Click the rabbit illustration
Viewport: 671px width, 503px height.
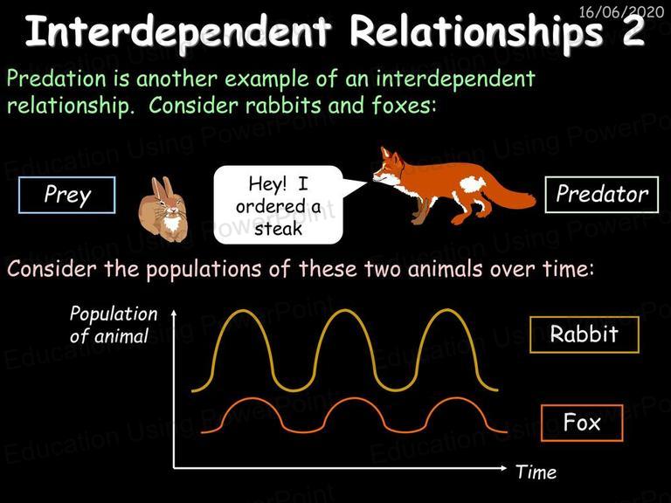[x=163, y=210]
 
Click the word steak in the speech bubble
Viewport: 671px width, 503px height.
[x=278, y=229]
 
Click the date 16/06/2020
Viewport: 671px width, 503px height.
[x=621, y=11]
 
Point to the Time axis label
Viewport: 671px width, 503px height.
[x=536, y=472]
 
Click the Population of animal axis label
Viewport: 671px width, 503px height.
[x=114, y=325]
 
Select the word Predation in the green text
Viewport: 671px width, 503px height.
[x=57, y=79]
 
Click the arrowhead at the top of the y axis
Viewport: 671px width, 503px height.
[x=174, y=314]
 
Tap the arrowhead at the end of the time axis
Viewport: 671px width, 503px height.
[x=503, y=468]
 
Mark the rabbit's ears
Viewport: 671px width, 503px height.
[x=163, y=187]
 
